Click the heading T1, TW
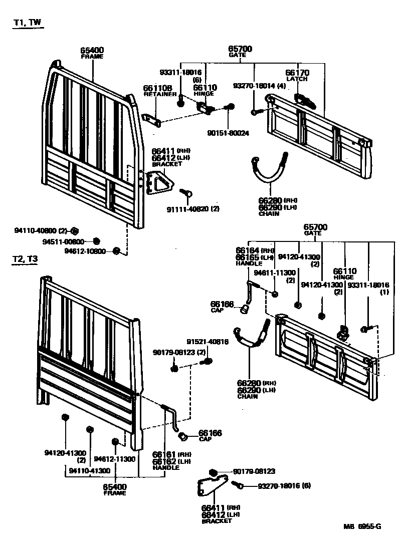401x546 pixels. click(28, 23)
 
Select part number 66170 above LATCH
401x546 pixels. click(297, 73)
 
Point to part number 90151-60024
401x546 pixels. click(228, 133)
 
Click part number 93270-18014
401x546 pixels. click(255, 86)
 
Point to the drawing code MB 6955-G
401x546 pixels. click(362, 526)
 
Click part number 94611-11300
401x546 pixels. click(274, 273)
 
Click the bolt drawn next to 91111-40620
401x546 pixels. click(186, 192)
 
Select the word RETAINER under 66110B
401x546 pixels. click(160, 94)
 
